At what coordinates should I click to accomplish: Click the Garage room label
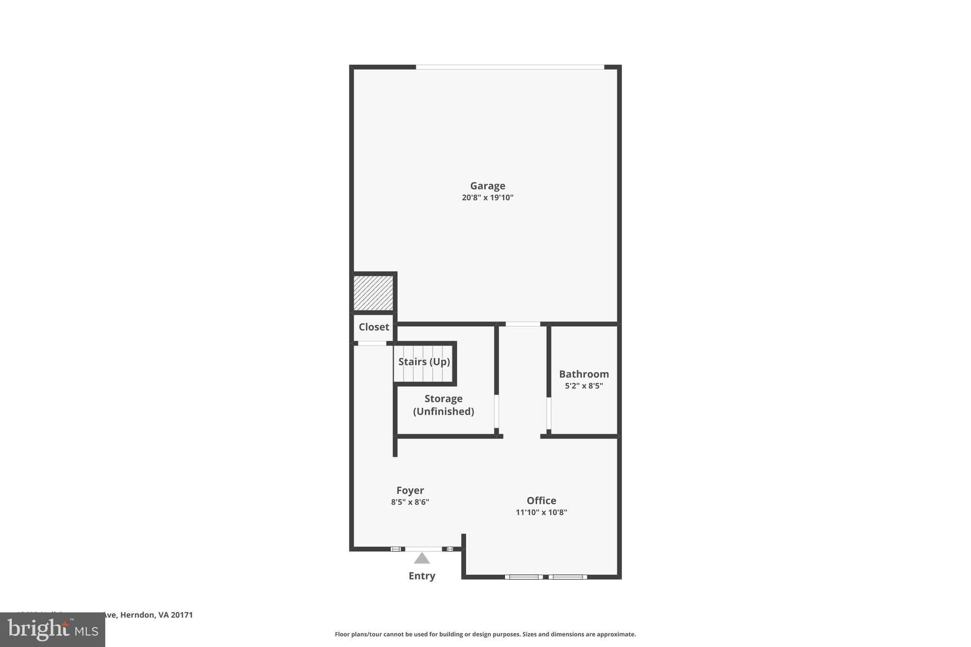tap(487, 186)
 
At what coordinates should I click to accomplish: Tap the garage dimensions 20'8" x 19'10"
tap(487, 198)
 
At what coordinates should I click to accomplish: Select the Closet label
tap(374, 327)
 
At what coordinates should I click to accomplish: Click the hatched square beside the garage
tap(373, 293)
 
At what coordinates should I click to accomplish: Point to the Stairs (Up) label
tap(424, 362)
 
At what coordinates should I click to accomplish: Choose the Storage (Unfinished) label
tap(443, 405)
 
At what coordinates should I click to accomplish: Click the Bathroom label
tap(584, 374)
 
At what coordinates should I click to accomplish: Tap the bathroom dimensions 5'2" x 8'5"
tap(584, 386)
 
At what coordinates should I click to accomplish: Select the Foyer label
tap(410, 491)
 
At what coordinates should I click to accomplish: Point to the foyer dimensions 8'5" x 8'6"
tap(410, 502)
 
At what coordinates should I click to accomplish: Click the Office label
tap(541, 501)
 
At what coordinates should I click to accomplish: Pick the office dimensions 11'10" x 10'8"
tap(541, 512)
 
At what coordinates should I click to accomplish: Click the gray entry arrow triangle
tap(421, 559)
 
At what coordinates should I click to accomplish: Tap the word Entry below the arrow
tap(421, 576)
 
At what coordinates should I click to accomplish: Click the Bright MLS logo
tap(53, 630)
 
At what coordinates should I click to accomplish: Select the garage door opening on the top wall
tap(510, 67)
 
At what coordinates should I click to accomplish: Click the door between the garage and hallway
tap(522, 324)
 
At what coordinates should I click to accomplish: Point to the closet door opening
tap(372, 343)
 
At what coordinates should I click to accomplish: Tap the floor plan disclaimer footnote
tap(485, 634)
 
